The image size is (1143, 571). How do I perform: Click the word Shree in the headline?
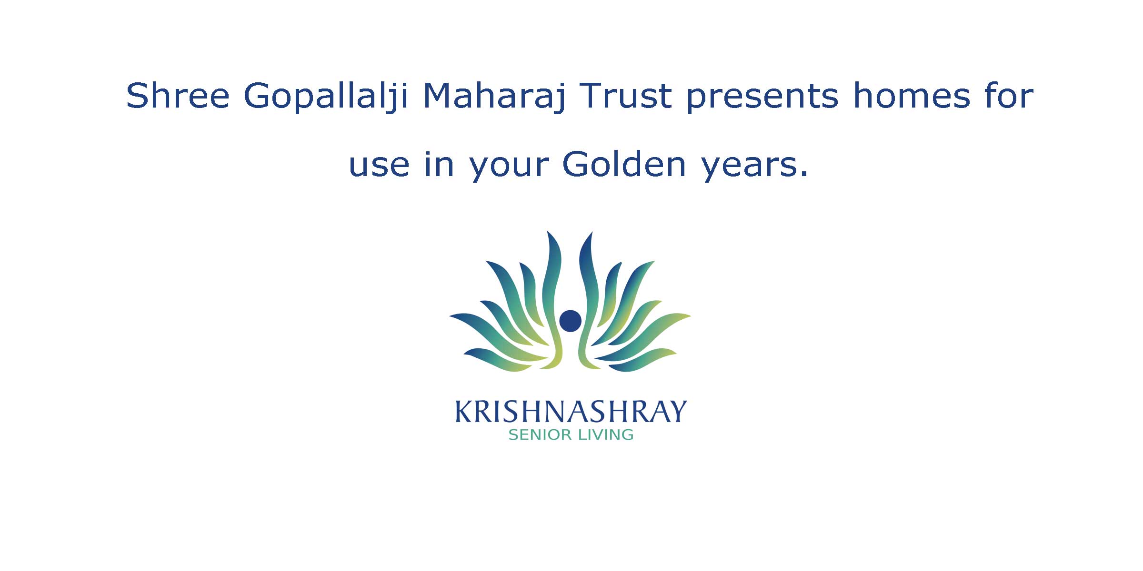pyautogui.click(x=178, y=96)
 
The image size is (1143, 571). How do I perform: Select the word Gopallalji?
pyautogui.click(x=326, y=98)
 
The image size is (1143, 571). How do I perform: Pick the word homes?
pyautogui.click(x=911, y=96)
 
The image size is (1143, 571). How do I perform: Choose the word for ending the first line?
pyautogui.click(x=1009, y=96)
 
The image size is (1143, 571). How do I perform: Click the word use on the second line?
pyautogui.click(x=379, y=165)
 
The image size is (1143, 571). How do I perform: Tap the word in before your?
pyautogui.click(x=439, y=164)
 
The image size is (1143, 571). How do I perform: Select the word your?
pyautogui.click(x=508, y=168)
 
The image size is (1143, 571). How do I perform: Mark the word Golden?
pyautogui.click(x=624, y=164)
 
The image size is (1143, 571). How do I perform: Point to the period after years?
pyautogui.click(x=803, y=175)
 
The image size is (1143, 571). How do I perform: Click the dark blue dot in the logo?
pyautogui.click(x=570, y=321)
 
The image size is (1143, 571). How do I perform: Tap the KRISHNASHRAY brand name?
pyautogui.click(x=571, y=412)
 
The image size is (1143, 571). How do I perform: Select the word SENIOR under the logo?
pyautogui.click(x=540, y=435)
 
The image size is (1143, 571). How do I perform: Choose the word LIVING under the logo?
pyautogui.click(x=605, y=435)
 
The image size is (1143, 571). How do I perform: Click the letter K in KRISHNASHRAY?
pyautogui.click(x=465, y=412)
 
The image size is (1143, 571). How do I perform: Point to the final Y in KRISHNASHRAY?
pyautogui.click(x=677, y=412)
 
